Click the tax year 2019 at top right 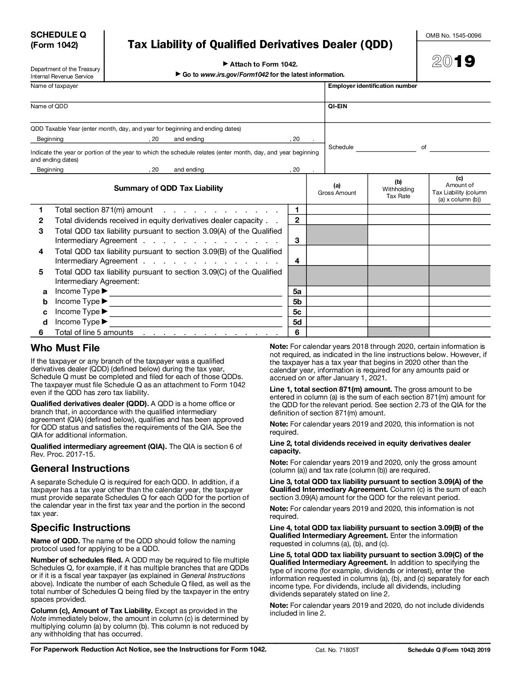pos(454,61)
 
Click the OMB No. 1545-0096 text pos(454,36)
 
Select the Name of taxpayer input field pos(176,95)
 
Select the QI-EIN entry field pos(407,116)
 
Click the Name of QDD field pos(176,115)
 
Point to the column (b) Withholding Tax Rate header pos(398,189)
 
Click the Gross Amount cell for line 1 pos(337,210)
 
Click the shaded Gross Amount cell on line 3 pos(337,235)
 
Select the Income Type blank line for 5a pos(196,292)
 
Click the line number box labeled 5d pos(297,322)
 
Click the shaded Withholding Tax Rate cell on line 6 pos(398,332)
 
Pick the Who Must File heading pos(65,348)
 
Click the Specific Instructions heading pos(80,527)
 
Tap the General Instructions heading pos(80,468)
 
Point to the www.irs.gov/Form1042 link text pos(235,75)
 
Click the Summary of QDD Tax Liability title pos(168,188)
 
